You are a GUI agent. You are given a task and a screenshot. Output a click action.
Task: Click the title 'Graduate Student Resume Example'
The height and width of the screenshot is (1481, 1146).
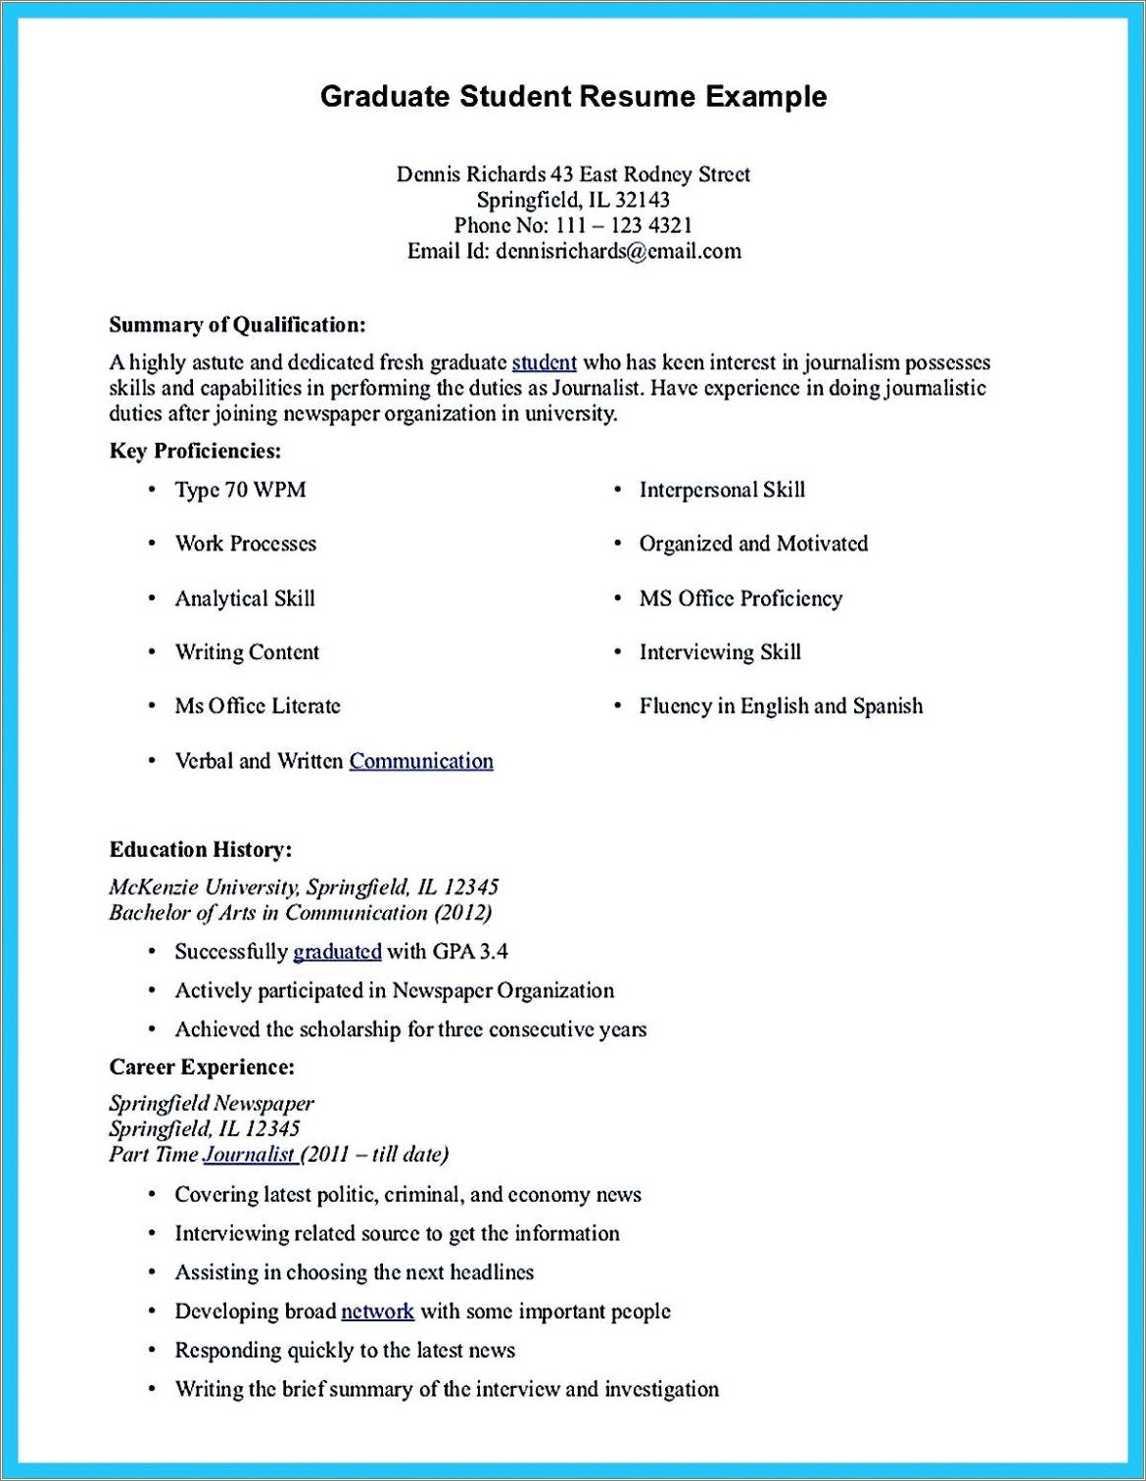pyautogui.click(x=573, y=96)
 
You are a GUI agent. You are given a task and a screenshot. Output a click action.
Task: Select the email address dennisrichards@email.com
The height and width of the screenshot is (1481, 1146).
pyautogui.click(x=618, y=251)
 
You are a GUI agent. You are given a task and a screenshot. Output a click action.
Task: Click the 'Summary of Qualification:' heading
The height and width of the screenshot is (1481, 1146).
pyautogui.click(x=237, y=324)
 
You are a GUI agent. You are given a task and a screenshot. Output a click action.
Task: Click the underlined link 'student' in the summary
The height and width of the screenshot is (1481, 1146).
pyautogui.click(x=544, y=362)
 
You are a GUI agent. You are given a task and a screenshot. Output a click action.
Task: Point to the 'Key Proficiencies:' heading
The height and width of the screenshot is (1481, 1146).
pyautogui.click(x=195, y=451)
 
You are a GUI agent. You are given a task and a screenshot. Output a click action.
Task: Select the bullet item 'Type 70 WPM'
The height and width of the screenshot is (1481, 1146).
pyautogui.click(x=240, y=490)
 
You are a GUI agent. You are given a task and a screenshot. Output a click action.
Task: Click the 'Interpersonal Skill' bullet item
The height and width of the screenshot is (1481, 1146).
pyautogui.click(x=722, y=490)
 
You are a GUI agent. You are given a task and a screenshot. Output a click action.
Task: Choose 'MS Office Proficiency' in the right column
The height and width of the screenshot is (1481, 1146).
pyautogui.click(x=740, y=598)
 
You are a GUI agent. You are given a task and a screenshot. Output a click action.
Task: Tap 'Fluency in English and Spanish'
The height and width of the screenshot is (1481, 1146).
pyautogui.click(x=781, y=706)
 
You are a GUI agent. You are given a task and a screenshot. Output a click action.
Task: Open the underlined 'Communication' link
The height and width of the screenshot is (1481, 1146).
pyautogui.click(x=421, y=761)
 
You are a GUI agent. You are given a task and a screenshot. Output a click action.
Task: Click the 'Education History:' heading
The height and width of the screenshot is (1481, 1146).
pyautogui.click(x=200, y=849)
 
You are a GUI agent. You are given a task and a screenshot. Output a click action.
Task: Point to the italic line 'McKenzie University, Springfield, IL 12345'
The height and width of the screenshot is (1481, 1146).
pyautogui.click(x=304, y=887)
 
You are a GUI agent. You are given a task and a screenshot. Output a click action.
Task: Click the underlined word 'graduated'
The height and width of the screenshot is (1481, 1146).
pyautogui.click(x=337, y=951)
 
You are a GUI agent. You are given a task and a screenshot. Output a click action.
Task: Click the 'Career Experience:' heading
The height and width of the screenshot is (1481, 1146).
pyautogui.click(x=202, y=1067)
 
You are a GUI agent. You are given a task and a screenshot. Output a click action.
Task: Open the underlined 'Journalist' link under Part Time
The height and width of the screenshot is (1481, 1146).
pyautogui.click(x=249, y=1154)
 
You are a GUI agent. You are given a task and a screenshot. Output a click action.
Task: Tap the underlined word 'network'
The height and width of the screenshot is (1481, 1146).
pyautogui.click(x=377, y=1311)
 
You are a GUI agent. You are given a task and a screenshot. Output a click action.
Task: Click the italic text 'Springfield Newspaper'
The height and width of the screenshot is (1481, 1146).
pyautogui.click(x=212, y=1104)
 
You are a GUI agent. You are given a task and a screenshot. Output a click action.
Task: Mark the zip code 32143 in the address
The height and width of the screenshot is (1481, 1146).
pyautogui.click(x=644, y=200)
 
